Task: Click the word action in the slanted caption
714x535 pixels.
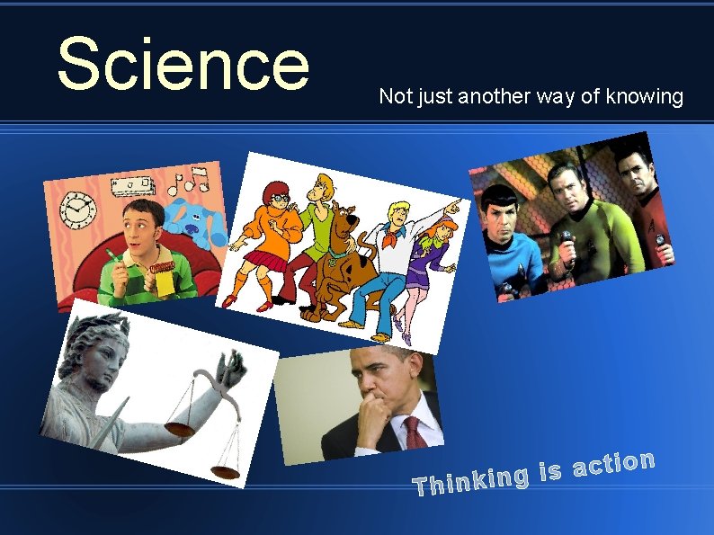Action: (x=613, y=464)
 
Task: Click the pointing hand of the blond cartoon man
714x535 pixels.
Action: (x=454, y=208)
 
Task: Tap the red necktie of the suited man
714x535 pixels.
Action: (x=415, y=433)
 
